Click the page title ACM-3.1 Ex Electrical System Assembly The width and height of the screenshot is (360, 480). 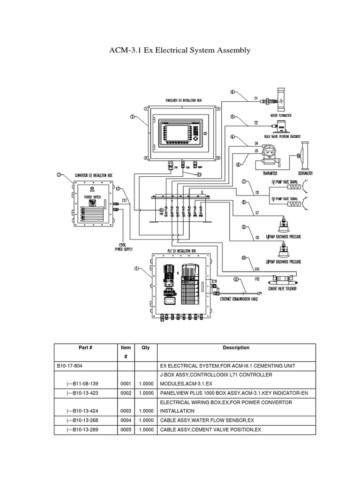click(180, 50)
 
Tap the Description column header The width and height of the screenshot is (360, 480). click(236, 348)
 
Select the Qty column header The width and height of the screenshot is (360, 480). click(146, 348)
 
